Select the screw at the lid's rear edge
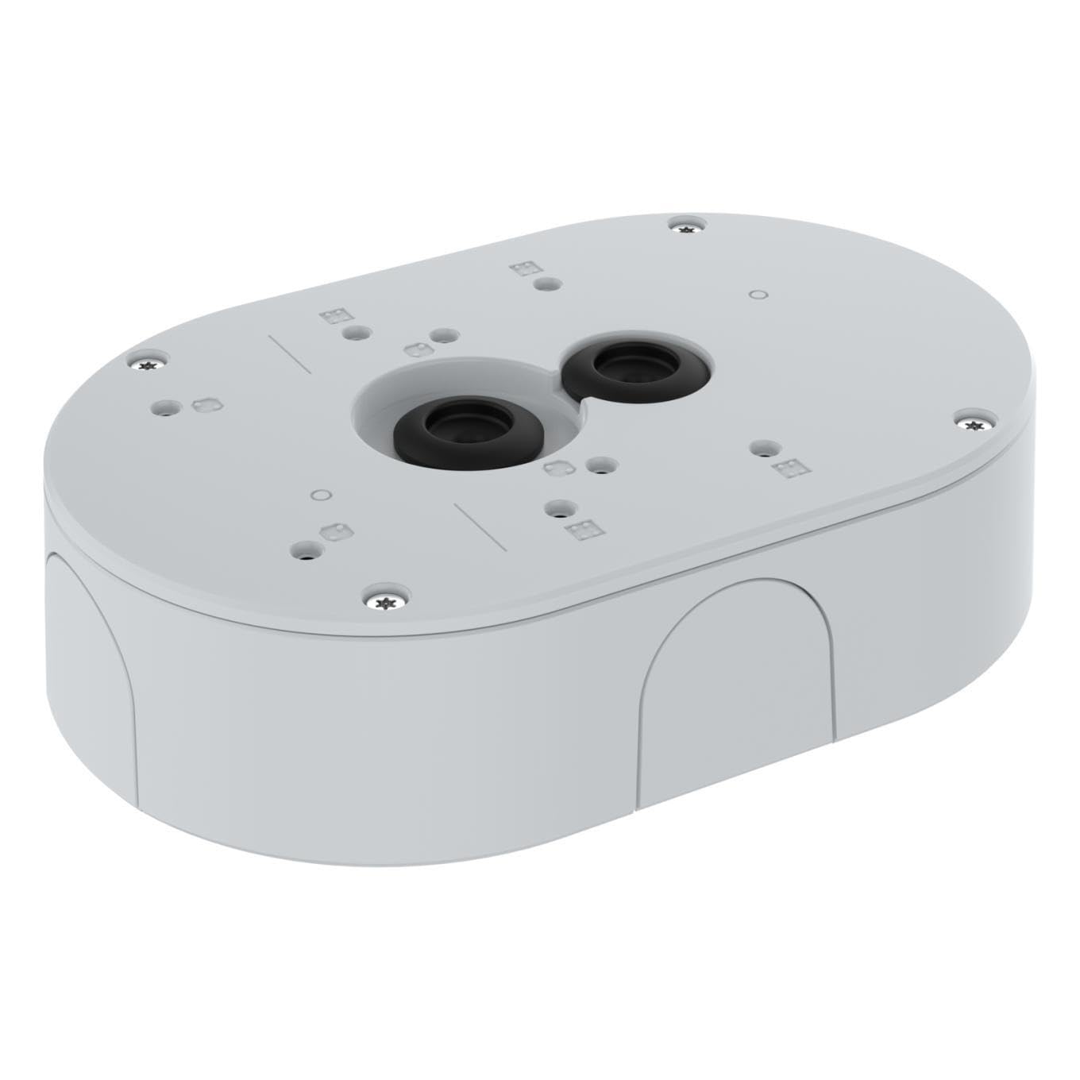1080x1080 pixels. tap(684, 225)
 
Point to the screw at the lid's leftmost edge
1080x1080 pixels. tap(148, 364)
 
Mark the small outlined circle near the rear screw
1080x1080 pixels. tap(758, 295)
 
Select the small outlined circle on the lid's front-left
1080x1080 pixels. tap(319, 495)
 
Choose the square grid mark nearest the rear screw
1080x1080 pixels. tap(522, 268)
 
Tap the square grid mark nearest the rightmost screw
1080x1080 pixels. tap(789, 469)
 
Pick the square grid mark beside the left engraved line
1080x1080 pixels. tap(330, 316)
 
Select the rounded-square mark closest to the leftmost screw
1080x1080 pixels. tap(204, 403)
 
